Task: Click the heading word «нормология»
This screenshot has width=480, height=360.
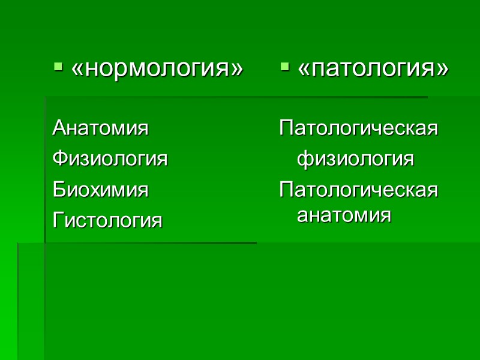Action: pyautogui.click(x=157, y=69)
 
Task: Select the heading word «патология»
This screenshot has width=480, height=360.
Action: pyautogui.click(x=373, y=69)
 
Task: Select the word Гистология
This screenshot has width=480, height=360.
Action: pyautogui.click(x=108, y=221)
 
